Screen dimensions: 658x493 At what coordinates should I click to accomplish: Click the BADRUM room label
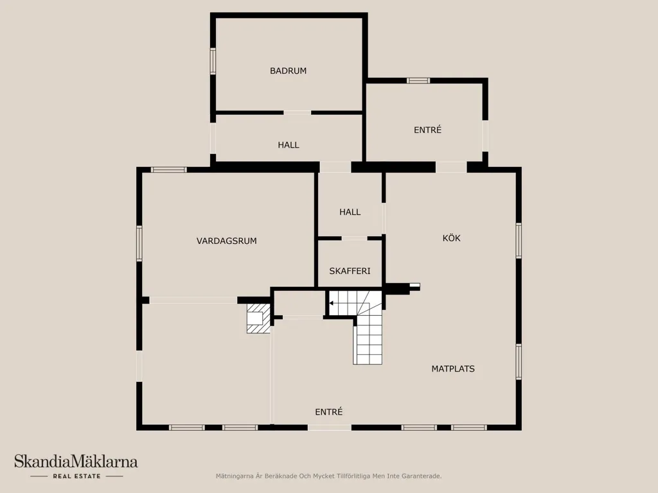[288, 71]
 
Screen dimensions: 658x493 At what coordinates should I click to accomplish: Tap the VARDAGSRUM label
[227, 241]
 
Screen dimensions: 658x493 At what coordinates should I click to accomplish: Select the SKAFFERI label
[350, 272]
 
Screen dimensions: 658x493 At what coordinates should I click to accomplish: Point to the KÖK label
[452, 238]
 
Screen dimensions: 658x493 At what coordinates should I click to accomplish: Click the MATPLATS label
[453, 369]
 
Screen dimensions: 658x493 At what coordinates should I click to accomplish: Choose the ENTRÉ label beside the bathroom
[427, 130]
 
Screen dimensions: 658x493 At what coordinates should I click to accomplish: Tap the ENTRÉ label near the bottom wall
[328, 412]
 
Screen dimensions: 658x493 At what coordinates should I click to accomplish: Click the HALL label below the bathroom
[289, 145]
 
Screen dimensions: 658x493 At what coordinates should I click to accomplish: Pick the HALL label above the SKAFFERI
[350, 212]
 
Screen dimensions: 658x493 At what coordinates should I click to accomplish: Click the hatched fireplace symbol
[258, 318]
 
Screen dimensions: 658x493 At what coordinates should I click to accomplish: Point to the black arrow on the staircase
[331, 303]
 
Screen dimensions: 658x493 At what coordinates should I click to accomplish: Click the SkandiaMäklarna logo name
[76, 462]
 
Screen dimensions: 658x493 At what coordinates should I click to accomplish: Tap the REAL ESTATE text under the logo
[77, 476]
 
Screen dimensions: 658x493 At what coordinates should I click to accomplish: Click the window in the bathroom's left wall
[213, 61]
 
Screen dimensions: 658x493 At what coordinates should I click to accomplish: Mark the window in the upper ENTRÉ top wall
[418, 80]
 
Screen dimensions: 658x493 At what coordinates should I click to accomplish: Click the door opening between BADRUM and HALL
[298, 112]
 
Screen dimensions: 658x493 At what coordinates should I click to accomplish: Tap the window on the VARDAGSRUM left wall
[139, 243]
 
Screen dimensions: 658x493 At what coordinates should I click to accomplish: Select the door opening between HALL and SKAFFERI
[354, 238]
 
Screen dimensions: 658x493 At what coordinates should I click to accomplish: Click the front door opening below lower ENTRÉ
[330, 428]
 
